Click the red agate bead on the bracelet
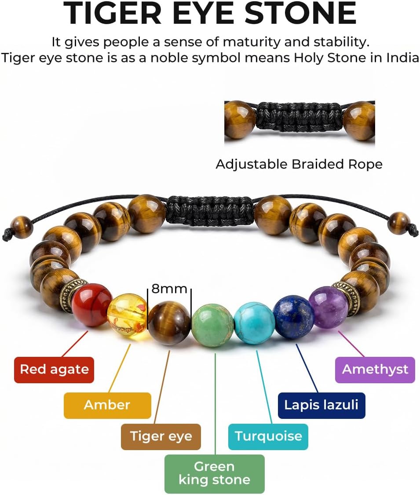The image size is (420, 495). pos(91,304)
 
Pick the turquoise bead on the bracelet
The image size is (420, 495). pos(254,323)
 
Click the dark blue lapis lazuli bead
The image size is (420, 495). pos(294,318)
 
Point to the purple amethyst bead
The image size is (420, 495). pos(329,307)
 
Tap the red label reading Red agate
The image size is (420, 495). pos(54,370)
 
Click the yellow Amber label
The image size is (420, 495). pos(107,405)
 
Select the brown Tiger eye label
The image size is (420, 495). pos(161,436)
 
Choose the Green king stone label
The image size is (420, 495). pos(215,473)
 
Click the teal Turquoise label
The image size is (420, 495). pos(268,436)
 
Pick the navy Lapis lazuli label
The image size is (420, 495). pos(321,405)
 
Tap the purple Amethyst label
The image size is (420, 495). pos(375,370)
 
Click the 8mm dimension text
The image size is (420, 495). pos(169,289)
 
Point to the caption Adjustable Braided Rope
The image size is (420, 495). pos(299,165)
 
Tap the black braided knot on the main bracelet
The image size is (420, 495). pos(210,211)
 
